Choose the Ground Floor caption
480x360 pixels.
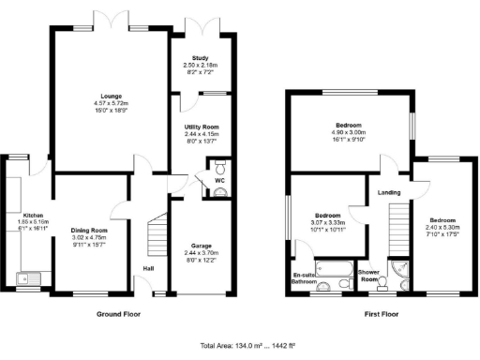point(118,315)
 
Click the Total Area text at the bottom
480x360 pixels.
point(239,346)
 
